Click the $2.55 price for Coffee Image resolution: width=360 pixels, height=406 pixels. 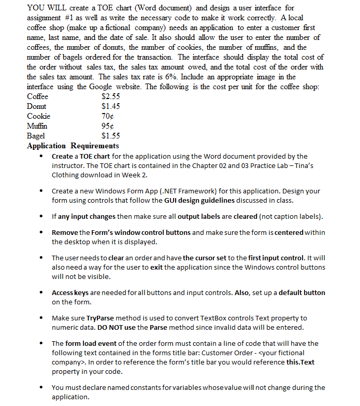coord(111,96)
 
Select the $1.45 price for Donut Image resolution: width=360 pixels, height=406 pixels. coord(111,106)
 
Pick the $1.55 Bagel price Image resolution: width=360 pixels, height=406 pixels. coord(111,136)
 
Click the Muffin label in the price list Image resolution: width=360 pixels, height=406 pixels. coord(37,126)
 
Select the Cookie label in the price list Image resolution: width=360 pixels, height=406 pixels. coord(38,116)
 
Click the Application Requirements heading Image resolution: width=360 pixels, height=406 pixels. coord(73,146)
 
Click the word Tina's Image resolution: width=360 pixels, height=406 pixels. coord(301,165)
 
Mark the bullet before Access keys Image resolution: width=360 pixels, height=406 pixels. coord(42,293)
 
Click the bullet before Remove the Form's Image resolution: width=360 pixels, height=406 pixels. coord(42,233)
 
